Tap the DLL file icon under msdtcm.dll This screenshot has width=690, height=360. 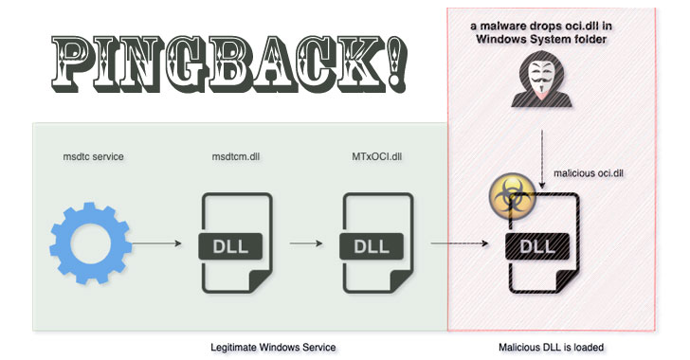pos(235,244)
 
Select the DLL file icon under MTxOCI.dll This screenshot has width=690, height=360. pos(377,244)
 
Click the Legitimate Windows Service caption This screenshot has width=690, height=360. pos(273,348)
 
